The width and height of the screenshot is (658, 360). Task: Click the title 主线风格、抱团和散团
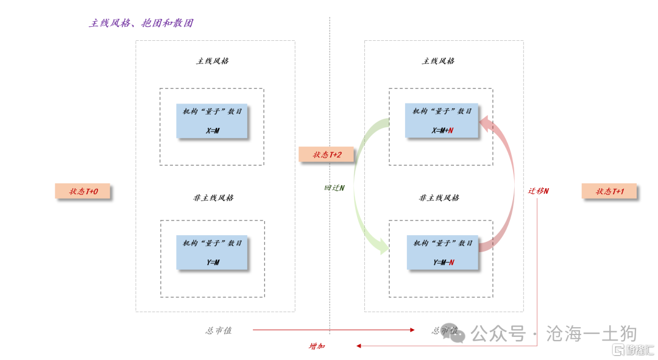pyautogui.click(x=141, y=23)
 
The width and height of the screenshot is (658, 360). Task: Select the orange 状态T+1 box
pyautogui.click(x=610, y=191)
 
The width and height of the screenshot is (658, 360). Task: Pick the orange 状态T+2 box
pyautogui.click(x=326, y=155)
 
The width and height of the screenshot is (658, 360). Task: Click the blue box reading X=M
pyautogui.click(x=212, y=121)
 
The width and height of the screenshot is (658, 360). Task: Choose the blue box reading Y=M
pyautogui.click(x=212, y=252)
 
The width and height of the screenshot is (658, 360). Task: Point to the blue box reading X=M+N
pyautogui.click(x=442, y=121)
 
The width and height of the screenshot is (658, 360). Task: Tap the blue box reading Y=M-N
pyautogui.click(x=443, y=252)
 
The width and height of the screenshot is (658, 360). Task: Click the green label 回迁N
pyautogui.click(x=334, y=188)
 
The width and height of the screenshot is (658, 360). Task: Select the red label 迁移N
pyautogui.click(x=538, y=191)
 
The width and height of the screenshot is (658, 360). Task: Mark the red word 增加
pyautogui.click(x=317, y=346)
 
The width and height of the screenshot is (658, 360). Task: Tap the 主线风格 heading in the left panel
pyautogui.click(x=213, y=61)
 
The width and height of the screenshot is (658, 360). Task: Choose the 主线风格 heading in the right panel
pyautogui.click(x=438, y=61)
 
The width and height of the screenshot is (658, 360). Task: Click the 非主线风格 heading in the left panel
pyautogui.click(x=213, y=197)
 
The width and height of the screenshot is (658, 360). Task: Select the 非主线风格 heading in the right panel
pyautogui.click(x=439, y=197)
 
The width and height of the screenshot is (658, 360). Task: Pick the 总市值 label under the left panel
pyautogui.click(x=219, y=330)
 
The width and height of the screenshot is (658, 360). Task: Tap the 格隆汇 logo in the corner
pyautogui.click(x=634, y=350)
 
